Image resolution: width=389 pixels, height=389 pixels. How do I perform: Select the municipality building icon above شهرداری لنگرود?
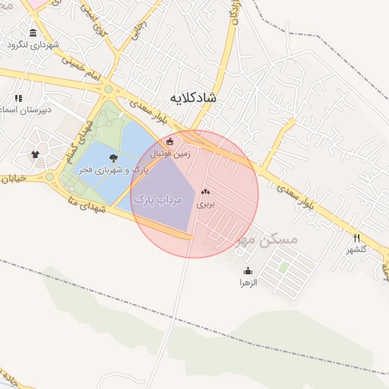coord(33,33)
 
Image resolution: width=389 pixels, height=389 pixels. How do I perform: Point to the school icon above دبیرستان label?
coord(18,98)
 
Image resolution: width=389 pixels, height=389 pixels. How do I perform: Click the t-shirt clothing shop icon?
coord(35,154)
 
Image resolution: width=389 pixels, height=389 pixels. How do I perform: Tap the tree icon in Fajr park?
coord(113,158)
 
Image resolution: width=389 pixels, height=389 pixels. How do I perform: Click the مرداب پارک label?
coord(159,199)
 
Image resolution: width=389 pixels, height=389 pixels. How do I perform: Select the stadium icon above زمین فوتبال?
coord(169,141)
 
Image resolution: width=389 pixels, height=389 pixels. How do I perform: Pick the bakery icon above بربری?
coord(205,192)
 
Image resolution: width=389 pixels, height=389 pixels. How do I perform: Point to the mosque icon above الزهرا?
coord(248,270)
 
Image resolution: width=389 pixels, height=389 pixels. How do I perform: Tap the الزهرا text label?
coord(248,283)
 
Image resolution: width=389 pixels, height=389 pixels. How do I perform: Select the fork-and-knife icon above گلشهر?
coord(357,237)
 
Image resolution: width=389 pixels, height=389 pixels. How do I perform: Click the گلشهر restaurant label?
coord(357,249)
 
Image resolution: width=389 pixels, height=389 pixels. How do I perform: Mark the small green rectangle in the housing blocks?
coord(283,267)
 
